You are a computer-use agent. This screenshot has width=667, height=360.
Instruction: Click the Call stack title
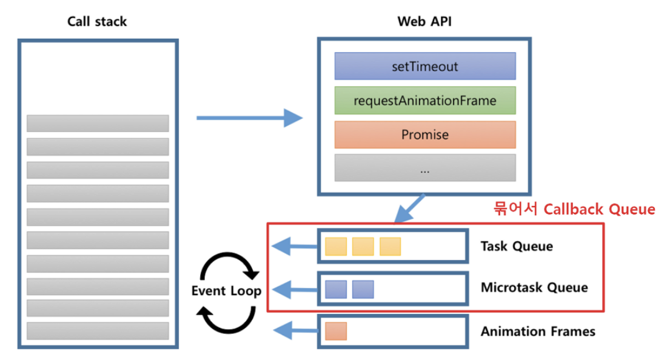[x=97, y=22]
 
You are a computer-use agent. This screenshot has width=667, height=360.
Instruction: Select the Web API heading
[x=424, y=22]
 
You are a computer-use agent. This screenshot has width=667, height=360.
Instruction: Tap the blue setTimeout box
[x=424, y=66]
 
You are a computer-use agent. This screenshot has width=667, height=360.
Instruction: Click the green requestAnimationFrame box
[x=424, y=101]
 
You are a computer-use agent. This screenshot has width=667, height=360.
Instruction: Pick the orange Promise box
[x=424, y=135]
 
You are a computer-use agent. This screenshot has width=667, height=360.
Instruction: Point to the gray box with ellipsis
[x=424, y=168]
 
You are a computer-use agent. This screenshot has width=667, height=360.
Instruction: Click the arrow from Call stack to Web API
[x=249, y=118]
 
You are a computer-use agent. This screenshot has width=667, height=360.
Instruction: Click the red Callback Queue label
[x=572, y=209]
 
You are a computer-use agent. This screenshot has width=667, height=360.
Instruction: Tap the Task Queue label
[x=517, y=246]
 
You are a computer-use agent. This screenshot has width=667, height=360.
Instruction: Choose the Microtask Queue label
[x=534, y=287]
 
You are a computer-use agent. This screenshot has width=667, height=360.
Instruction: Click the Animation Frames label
[x=538, y=332]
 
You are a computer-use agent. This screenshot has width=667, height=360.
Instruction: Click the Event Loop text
[x=226, y=291]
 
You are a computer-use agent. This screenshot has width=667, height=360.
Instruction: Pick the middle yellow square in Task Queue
[x=363, y=246]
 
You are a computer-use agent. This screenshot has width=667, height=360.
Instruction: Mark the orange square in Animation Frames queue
[x=335, y=331]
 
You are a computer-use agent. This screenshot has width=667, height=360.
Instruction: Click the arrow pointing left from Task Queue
[x=295, y=246]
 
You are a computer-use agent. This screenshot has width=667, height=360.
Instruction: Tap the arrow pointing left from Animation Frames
[x=295, y=331]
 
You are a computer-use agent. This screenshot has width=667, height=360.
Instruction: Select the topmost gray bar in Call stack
[x=98, y=123]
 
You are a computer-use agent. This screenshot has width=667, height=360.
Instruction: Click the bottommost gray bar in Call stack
[x=98, y=331]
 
